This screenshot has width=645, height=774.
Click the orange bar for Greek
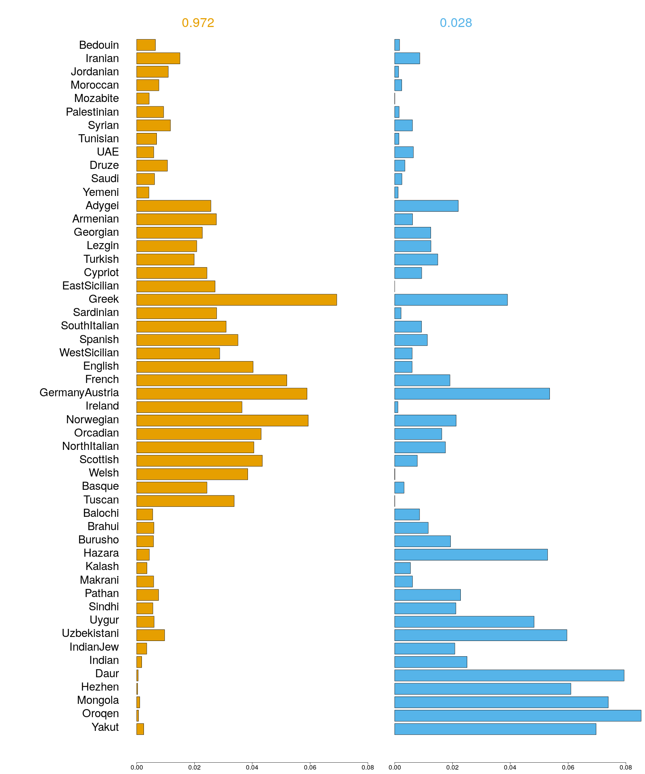(236, 300)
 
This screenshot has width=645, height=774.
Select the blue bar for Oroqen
(518, 716)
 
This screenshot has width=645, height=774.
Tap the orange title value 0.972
(198, 23)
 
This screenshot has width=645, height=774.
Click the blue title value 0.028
(456, 23)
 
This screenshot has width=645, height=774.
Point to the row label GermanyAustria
(79, 393)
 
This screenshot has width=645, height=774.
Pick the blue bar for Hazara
(471, 555)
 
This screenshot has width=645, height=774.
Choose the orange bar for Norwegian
(222, 420)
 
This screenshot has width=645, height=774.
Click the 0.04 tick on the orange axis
(252, 767)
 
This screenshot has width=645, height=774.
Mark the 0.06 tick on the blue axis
(568, 767)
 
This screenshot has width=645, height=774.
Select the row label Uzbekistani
(90, 633)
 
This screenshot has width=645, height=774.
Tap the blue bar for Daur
(509, 675)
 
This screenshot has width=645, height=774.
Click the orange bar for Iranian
(158, 58)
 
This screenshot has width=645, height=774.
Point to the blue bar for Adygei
(426, 206)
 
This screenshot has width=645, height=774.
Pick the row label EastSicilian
(90, 286)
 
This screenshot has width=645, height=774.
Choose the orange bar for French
(212, 380)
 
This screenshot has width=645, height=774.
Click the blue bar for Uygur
(464, 622)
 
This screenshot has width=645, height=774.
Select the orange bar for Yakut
(140, 729)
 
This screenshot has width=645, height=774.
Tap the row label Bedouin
(99, 45)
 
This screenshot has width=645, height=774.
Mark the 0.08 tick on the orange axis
(368, 767)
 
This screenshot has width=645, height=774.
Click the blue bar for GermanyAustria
(472, 393)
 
